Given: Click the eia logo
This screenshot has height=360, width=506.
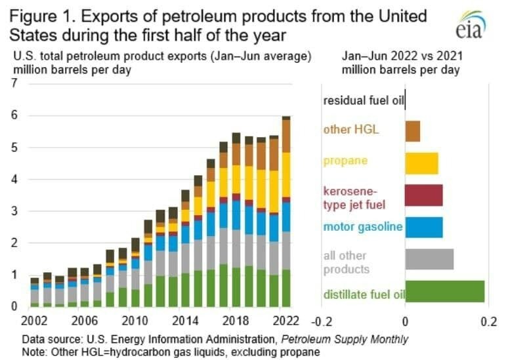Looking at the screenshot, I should click(470, 26).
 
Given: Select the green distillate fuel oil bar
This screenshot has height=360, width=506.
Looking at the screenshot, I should click(444, 292).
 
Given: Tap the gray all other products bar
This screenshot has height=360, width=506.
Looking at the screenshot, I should click(429, 260).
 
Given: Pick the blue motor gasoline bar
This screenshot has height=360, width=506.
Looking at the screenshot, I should click(423, 228).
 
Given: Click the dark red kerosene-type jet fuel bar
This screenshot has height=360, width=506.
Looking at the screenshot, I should click(423, 195).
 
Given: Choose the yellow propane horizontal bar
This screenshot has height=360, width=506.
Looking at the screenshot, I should click(421, 163).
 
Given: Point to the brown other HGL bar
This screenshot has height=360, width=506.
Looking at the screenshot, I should click(412, 131).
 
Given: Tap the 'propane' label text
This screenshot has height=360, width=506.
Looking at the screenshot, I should click(345, 161).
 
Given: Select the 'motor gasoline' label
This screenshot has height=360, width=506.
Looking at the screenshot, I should click(363, 227).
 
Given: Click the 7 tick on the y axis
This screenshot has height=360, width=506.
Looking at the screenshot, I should click(14, 84).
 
